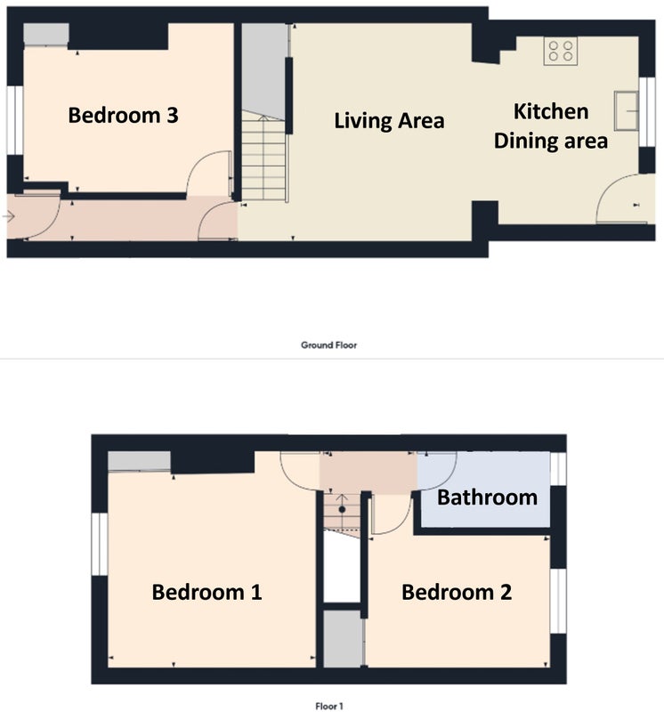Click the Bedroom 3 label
pyautogui.click(x=123, y=116)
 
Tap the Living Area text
pyautogui.click(x=389, y=121)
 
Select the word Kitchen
pyautogui.click(x=551, y=112)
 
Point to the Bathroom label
pyautogui.click(x=488, y=498)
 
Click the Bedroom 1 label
pyautogui.click(x=206, y=592)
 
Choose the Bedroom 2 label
pyautogui.click(x=457, y=592)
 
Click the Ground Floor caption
pyautogui.click(x=328, y=345)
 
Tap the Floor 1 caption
pyautogui.click(x=329, y=706)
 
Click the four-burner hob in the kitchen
pyautogui.click(x=561, y=51)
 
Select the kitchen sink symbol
pyautogui.click(x=627, y=110)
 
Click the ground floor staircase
pyautogui.click(x=263, y=156)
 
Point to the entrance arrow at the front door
pyautogui.click(x=9, y=216)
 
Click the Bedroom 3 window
pyautogui.click(x=14, y=120)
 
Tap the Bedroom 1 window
pyautogui.click(x=100, y=544)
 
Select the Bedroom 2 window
pyautogui.click(x=558, y=600)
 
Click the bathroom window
pyautogui.click(x=558, y=468)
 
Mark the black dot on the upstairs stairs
pyautogui.click(x=342, y=509)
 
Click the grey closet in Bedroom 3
pyautogui.click(x=46, y=35)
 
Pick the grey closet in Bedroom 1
pyautogui.click(x=139, y=461)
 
